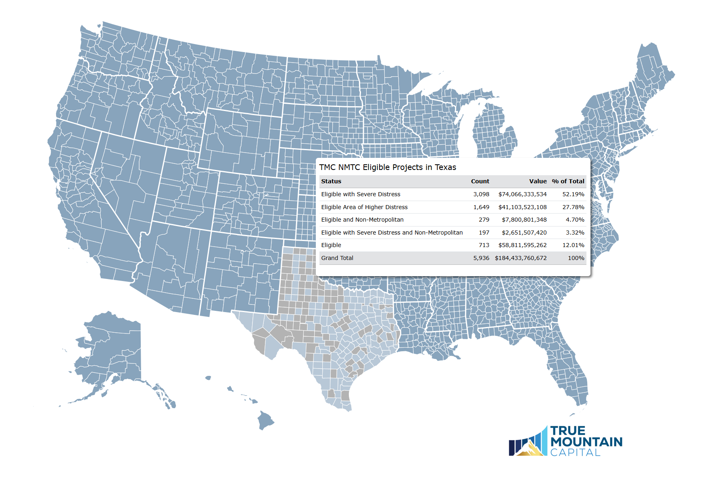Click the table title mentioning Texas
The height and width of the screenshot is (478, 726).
click(x=387, y=167)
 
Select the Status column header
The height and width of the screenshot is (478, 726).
click(x=331, y=181)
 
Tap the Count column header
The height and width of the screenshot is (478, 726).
click(x=480, y=181)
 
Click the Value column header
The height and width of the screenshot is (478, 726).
click(x=538, y=181)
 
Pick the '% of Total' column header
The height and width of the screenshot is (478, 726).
click(x=568, y=181)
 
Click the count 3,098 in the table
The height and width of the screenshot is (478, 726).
click(x=481, y=194)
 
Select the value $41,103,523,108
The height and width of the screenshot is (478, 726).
click(x=522, y=207)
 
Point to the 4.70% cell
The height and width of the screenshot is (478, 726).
click(x=575, y=220)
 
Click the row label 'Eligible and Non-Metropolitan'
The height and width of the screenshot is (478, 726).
click(x=362, y=220)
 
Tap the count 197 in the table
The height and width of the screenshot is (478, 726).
click(x=484, y=233)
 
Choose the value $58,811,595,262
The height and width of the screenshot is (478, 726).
click(x=522, y=245)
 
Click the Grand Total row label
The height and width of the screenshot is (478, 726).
click(x=337, y=258)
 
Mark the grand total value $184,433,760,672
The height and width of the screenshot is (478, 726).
click(x=521, y=258)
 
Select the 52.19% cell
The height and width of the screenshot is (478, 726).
click(x=573, y=194)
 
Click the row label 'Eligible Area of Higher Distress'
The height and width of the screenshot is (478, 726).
click(x=364, y=207)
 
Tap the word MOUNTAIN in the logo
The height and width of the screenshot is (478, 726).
click(x=586, y=442)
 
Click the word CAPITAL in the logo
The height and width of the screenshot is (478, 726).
click(x=575, y=453)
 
